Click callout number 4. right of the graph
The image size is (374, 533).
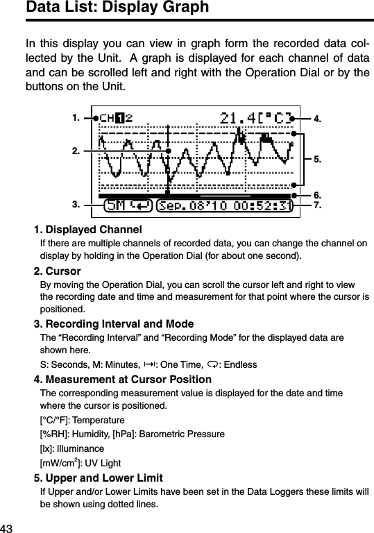317,119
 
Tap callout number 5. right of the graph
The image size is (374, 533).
317,160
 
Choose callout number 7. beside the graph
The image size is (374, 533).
317,206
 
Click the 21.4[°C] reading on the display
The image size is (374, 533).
255,119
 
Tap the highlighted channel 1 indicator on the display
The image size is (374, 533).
120,119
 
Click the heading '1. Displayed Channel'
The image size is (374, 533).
88,230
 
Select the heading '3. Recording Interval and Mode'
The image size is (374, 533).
114,324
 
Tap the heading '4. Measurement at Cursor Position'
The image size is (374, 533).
123,379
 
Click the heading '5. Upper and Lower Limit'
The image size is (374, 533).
99,478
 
